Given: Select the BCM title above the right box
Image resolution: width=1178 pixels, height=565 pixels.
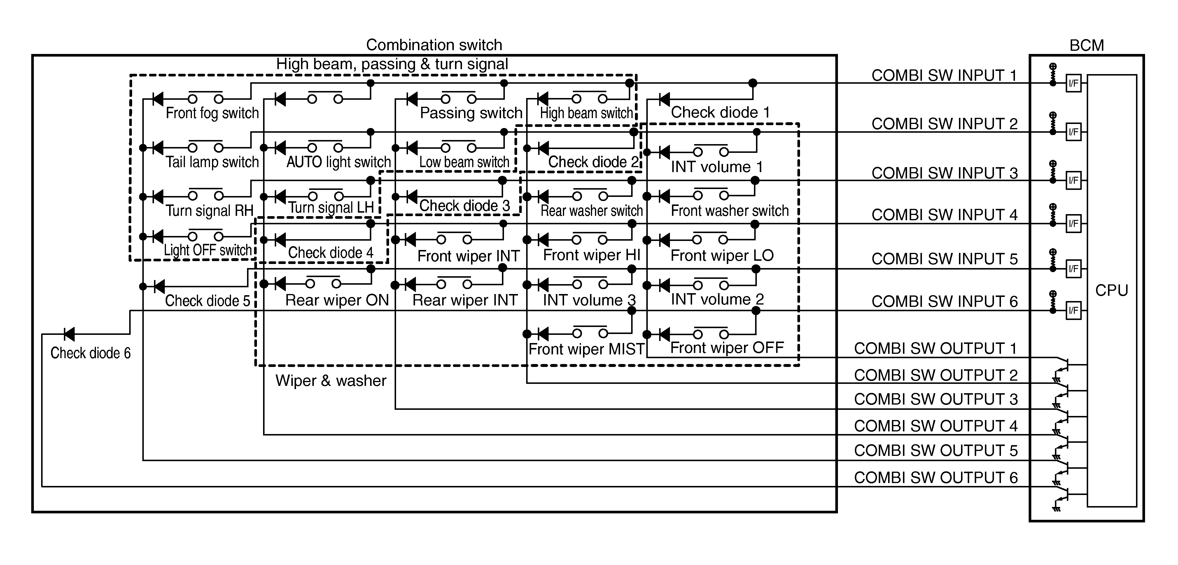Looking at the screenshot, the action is tap(1086, 45).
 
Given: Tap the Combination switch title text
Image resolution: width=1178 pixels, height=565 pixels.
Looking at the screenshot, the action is tap(434, 45).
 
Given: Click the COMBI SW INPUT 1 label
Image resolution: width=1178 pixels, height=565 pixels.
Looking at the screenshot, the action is tap(944, 76).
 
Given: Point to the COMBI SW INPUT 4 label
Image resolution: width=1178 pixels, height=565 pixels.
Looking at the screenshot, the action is tap(944, 215).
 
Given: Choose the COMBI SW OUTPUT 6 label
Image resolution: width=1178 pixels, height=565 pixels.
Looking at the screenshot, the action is tap(936, 477).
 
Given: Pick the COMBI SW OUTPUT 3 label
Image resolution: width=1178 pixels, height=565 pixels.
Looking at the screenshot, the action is tap(936, 399).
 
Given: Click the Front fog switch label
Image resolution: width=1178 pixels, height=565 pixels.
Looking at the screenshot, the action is tap(212, 113).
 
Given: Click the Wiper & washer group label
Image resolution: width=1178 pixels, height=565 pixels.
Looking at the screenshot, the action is tap(331, 381).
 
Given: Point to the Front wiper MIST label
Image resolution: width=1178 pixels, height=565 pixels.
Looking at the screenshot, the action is tap(586, 349).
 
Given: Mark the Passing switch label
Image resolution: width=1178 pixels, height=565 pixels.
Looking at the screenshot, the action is tap(471, 113).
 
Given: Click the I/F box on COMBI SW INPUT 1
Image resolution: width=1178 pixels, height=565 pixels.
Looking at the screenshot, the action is tap(1073, 83).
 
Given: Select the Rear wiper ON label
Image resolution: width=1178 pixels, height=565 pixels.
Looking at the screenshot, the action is tap(337, 300).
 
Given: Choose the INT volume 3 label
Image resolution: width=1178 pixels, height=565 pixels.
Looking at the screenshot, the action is tap(589, 300).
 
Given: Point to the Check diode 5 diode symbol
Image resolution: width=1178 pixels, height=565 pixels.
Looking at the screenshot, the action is tap(159, 286).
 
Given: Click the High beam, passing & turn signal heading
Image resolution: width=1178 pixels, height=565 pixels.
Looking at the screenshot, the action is tap(392, 64).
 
